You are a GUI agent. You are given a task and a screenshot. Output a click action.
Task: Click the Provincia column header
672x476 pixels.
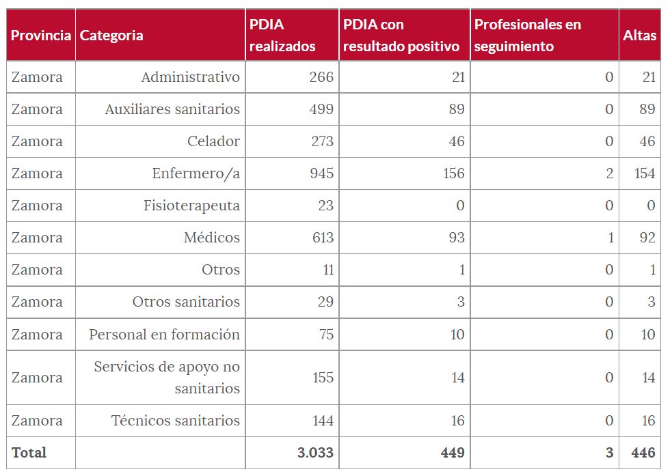(41, 36)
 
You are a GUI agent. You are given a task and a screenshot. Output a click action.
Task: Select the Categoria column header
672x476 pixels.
(111, 36)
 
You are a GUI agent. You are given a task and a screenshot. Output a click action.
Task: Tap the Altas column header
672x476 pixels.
(640, 36)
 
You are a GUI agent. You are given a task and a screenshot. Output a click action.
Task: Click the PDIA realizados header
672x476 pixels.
(282, 36)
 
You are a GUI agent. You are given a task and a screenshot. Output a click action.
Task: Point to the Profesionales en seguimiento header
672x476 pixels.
(528, 36)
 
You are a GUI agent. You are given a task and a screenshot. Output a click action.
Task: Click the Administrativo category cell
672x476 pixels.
(191, 77)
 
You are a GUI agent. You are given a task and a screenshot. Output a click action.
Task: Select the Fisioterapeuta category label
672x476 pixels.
(192, 206)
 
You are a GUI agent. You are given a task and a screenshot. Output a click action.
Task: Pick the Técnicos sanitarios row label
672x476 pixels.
(176, 421)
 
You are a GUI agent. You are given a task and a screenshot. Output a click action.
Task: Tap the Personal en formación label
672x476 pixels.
(165, 335)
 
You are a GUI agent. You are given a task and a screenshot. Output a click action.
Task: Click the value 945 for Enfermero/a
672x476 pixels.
(321, 173)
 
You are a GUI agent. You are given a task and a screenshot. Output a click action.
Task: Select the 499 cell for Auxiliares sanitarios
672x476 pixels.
(321, 109)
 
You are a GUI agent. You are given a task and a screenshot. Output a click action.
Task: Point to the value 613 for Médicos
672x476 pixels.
(321, 238)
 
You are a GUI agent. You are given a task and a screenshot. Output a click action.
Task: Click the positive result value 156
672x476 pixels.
(454, 173)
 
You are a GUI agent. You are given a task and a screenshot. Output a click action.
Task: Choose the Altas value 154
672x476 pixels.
(645, 173)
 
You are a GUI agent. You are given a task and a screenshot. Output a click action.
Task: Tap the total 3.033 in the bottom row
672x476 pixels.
(316, 453)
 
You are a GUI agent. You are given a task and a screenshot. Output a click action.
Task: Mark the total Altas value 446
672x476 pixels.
(643, 453)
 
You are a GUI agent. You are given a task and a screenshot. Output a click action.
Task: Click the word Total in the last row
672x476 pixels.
(29, 453)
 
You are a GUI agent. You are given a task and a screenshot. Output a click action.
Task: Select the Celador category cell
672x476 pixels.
(214, 141)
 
